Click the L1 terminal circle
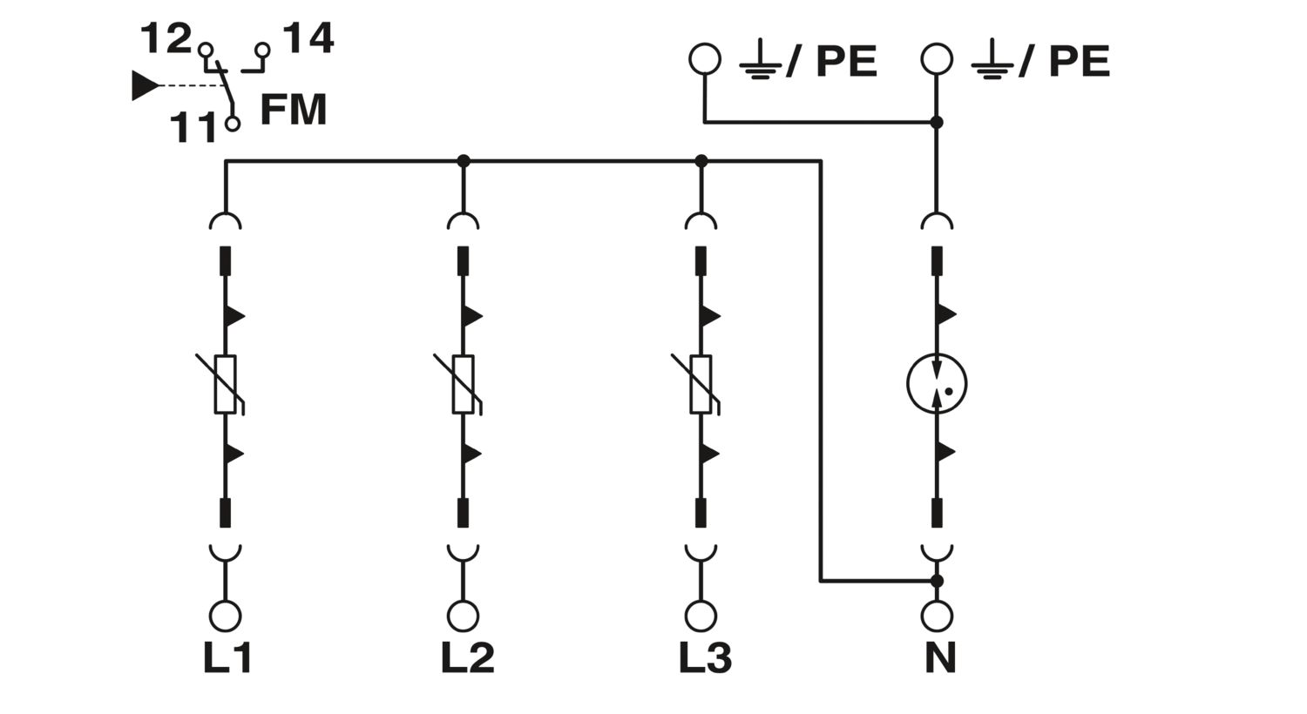point(225,616)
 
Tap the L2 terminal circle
point(464,616)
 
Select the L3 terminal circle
point(701,616)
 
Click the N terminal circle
point(937,616)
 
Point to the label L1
point(227,658)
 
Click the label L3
point(706,658)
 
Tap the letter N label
point(940,658)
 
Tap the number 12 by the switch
point(166,38)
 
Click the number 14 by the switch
point(308,38)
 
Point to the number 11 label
point(193,128)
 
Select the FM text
point(294,109)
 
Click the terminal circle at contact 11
point(233,124)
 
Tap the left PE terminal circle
point(705,59)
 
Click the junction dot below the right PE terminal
point(937,123)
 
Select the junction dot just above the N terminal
point(937,581)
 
